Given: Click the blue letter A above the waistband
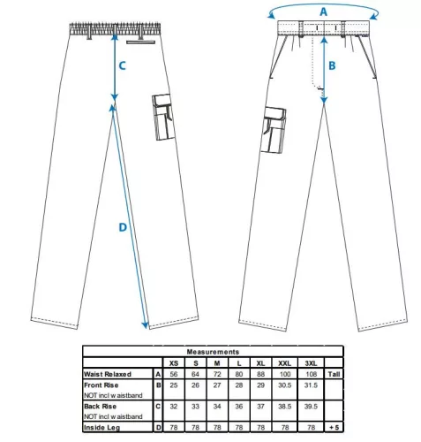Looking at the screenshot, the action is click(x=323, y=11).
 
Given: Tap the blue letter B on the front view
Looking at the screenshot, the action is click(x=332, y=65).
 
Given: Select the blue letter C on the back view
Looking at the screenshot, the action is click(x=122, y=65).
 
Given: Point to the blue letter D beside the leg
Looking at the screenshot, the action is click(x=123, y=227).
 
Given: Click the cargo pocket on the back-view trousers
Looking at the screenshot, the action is click(x=163, y=117).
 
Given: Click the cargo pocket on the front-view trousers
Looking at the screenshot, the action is click(x=274, y=130).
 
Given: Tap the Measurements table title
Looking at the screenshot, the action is click(x=213, y=352).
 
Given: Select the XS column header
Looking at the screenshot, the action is click(x=174, y=363).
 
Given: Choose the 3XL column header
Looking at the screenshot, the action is click(x=311, y=363).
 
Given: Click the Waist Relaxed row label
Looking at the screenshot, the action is click(x=108, y=374).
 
